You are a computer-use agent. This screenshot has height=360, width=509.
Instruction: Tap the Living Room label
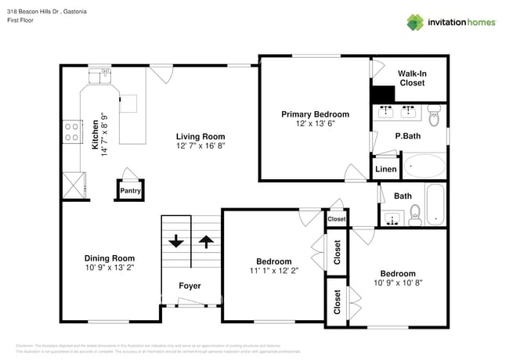click(200, 135)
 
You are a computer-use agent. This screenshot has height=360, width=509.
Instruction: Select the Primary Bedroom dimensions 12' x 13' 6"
click(315, 124)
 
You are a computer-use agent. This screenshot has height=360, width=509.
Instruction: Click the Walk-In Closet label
click(413, 77)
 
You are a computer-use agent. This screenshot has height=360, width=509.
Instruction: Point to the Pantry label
click(128, 189)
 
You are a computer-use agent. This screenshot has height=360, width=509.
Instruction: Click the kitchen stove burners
click(72, 131)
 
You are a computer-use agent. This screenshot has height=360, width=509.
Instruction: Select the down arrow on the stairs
click(176, 240)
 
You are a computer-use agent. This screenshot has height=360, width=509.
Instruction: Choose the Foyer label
click(190, 286)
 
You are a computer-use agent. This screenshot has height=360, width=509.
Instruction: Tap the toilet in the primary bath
click(435, 118)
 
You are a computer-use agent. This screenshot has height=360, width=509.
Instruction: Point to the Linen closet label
click(385, 169)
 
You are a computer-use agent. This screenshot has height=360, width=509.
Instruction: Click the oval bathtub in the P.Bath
click(423, 167)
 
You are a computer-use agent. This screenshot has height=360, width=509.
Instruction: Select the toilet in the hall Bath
click(415, 212)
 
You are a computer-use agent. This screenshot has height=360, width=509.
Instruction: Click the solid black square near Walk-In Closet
click(383, 94)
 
